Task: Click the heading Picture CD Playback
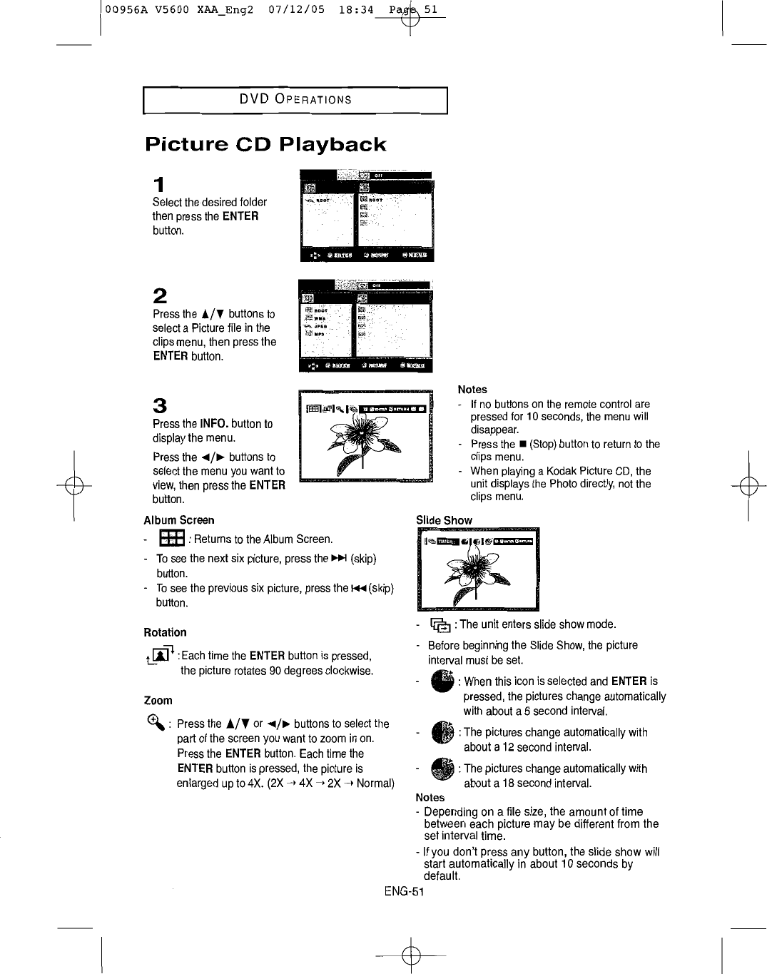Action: pyautogui.click(x=265, y=144)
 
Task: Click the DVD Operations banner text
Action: pyautogui.click(x=295, y=99)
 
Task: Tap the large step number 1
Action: pyautogui.click(x=160, y=184)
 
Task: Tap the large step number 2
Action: pyautogui.click(x=160, y=295)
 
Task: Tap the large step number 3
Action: pyautogui.click(x=160, y=406)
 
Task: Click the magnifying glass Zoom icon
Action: pyautogui.click(x=154, y=722)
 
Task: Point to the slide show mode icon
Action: pyautogui.click(x=440, y=625)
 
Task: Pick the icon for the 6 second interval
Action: pyautogui.click(x=442, y=681)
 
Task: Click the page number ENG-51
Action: pyautogui.click(x=404, y=891)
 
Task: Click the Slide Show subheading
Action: pyautogui.click(x=444, y=520)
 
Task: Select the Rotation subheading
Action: pyautogui.click(x=165, y=632)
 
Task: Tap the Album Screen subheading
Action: pyautogui.click(x=178, y=520)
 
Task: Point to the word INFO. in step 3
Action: pyautogui.click(x=214, y=424)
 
